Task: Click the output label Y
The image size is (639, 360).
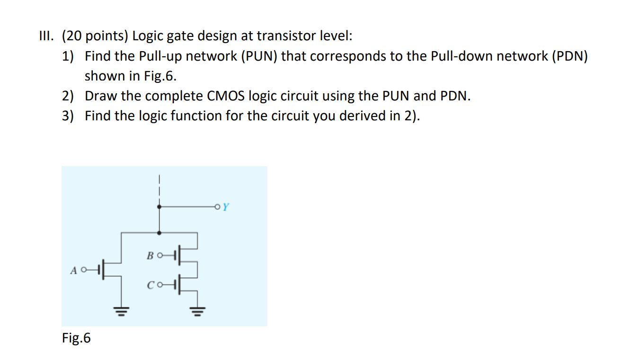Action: [226, 207]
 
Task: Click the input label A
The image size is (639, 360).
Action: [73, 270]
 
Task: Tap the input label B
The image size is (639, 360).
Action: [150, 256]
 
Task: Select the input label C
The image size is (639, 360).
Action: [150, 285]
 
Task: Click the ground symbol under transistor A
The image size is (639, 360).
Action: [122, 311]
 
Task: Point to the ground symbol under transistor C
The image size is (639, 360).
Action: [197, 311]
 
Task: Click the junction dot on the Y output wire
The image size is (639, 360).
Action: [160, 207]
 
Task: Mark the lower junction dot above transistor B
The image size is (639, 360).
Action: [160, 233]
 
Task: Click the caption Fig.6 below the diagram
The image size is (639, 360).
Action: [76, 338]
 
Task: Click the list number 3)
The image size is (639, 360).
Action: [68, 116]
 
